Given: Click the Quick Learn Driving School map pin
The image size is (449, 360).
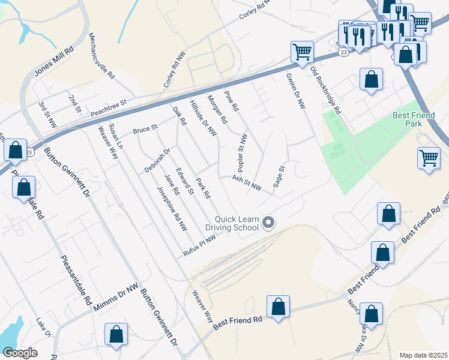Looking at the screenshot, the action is point(269,223).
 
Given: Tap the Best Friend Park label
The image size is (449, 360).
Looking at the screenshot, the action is point(415,119).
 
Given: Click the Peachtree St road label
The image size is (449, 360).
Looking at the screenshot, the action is point(109,108).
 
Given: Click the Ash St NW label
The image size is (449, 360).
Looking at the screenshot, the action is point(247,183).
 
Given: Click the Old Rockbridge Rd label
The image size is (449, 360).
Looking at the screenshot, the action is point(325,91).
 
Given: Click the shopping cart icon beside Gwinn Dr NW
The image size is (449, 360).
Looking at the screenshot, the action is point(301,52).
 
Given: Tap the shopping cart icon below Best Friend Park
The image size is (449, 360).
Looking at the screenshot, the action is point(429,159).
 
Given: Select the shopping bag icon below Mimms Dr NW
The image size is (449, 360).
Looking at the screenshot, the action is point(116,335).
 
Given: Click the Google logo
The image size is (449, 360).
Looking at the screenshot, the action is point(20,353).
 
